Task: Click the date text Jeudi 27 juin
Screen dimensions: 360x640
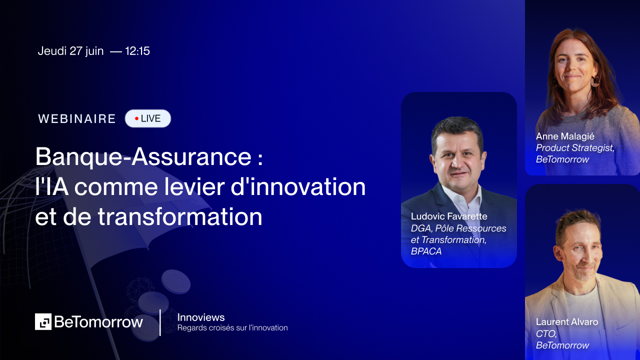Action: [x=70, y=51]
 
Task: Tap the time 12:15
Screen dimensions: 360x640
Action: [x=137, y=51]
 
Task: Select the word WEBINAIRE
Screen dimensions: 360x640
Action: [x=77, y=119]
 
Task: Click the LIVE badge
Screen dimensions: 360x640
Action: [x=148, y=118]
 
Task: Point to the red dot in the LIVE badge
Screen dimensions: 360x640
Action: [x=136, y=118]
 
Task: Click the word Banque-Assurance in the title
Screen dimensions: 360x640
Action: [x=143, y=157]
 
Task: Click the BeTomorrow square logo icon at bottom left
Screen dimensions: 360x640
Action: [x=43, y=321]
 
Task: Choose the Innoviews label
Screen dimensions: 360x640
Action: [x=201, y=317]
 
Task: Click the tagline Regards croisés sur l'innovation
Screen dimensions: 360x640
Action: [x=232, y=328]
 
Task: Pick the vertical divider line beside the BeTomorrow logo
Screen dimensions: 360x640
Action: [x=160, y=322]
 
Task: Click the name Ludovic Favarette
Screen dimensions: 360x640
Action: [x=449, y=216]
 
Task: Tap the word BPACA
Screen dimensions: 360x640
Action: [x=426, y=251]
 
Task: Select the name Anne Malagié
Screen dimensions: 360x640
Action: [x=565, y=136]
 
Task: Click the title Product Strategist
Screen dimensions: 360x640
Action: [x=575, y=148]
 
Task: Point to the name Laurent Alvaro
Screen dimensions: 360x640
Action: [x=567, y=321]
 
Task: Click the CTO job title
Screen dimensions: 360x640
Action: [x=545, y=333]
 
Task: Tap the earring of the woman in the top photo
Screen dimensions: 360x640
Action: [x=595, y=81]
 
